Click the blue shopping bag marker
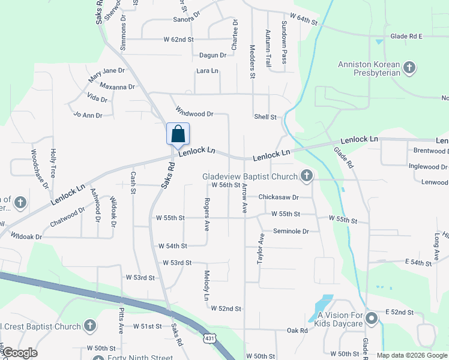coord(178,133)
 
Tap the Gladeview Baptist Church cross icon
coord(307,176)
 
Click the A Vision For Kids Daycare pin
coord(371,318)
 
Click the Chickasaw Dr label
coord(278,197)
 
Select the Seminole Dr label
coord(291,231)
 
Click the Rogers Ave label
coord(206,215)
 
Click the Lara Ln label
coord(207,71)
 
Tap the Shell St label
coord(265,117)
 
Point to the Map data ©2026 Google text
coord(412,355)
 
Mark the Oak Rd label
coord(297,330)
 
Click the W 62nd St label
coord(179,39)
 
